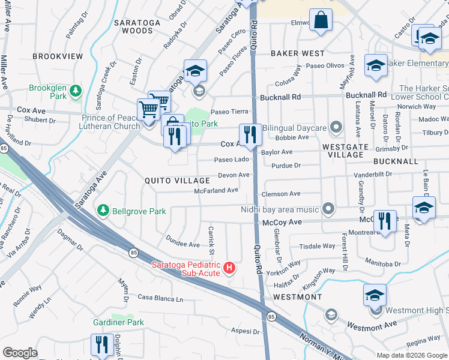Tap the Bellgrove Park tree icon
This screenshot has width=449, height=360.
[x=103, y=210]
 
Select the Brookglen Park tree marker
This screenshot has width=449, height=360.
[x=76, y=91]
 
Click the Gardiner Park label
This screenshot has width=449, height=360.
[x=118, y=322]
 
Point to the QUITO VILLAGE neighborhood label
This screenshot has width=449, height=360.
[x=177, y=181]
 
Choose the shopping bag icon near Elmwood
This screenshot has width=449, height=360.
[x=321, y=19]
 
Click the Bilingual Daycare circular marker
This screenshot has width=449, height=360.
[x=336, y=127]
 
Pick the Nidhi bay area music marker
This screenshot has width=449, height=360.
[x=328, y=209]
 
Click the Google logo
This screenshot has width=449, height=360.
[x=20, y=353]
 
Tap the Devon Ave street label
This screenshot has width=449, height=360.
[x=234, y=175]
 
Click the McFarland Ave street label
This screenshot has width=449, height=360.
[x=216, y=190]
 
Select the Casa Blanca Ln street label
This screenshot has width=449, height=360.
[x=160, y=298]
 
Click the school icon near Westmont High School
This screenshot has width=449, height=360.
[x=375, y=295]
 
